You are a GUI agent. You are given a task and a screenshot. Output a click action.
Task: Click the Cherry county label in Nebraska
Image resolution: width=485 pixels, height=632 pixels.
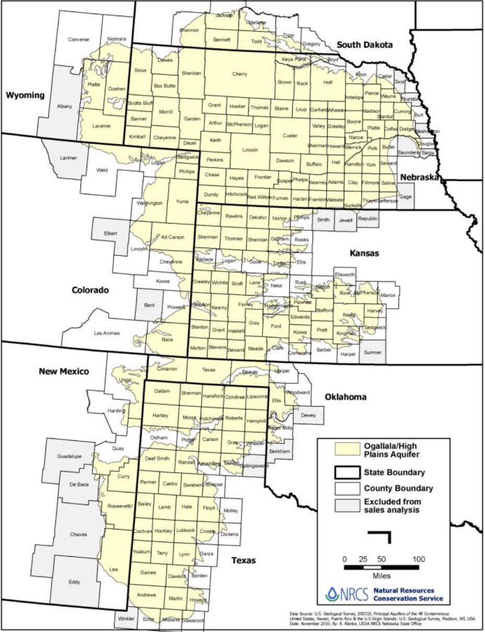[x=239, y=74]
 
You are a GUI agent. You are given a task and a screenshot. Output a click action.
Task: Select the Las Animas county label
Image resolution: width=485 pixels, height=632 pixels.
[x=107, y=333]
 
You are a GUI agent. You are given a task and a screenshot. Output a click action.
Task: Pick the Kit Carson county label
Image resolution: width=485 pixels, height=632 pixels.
[x=172, y=237]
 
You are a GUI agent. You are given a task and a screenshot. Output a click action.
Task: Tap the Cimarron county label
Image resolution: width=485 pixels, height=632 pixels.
[x=167, y=369]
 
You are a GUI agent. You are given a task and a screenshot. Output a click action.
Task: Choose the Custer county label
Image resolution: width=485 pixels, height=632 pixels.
[x=290, y=136]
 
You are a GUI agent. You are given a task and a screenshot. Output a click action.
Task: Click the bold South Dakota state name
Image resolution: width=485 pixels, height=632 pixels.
[x=364, y=45]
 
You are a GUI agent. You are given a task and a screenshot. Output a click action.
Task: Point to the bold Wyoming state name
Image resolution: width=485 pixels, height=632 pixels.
[x=24, y=95]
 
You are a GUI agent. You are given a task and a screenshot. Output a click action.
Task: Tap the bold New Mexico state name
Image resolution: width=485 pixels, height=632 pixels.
[x=64, y=371]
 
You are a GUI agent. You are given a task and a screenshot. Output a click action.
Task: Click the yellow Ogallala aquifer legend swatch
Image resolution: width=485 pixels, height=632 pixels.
[x=346, y=450]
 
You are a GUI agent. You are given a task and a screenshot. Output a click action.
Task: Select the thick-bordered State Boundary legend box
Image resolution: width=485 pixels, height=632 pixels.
[x=346, y=473]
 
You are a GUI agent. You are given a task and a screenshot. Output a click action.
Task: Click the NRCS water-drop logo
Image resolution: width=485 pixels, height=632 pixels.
[x=332, y=594]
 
